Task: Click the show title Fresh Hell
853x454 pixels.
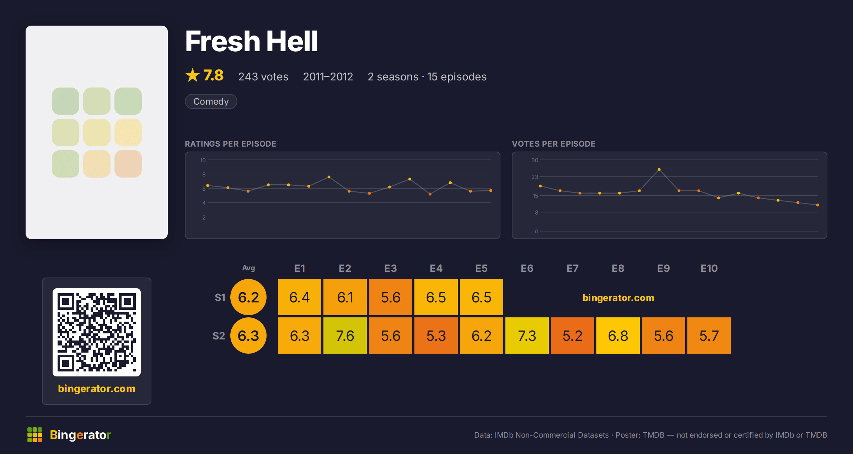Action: [251, 41]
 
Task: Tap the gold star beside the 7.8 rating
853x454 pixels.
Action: [193, 75]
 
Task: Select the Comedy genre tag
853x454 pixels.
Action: [211, 101]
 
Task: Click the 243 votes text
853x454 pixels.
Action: [263, 76]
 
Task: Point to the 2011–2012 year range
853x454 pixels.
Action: [328, 76]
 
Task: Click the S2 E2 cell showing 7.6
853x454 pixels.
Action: [345, 336]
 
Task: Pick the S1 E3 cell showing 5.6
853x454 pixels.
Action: [391, 297]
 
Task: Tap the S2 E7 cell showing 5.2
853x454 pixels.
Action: [573, 336]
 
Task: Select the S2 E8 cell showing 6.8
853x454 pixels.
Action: [618, 336]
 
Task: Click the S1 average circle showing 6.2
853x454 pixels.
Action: [248, 297]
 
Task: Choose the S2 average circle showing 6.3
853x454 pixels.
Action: [248, 336]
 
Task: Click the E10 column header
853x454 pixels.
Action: [709, 268]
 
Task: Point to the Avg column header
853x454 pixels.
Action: [248, 268]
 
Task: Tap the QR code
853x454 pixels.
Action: [97, 332]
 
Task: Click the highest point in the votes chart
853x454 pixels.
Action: [659, 169]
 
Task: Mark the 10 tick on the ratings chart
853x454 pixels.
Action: [203, 160]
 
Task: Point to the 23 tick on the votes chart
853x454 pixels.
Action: [535, 177]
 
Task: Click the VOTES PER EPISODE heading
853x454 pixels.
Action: [553, 144]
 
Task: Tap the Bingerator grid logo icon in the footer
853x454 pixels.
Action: [35, 435]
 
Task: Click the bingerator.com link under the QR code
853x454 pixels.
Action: [97, 389]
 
